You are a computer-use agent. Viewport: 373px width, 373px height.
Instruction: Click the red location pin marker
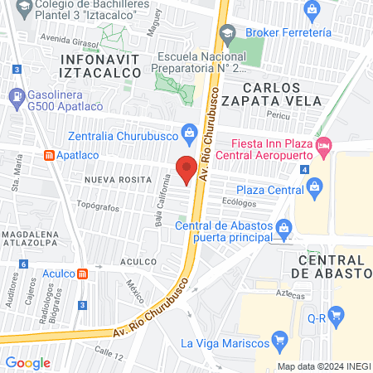pos(187,168)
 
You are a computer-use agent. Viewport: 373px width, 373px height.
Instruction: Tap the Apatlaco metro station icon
pos(51,154)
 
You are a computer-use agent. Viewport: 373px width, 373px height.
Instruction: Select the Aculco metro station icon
pos(83,274)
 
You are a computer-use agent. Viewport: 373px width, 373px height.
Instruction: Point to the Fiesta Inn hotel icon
pos(324,146)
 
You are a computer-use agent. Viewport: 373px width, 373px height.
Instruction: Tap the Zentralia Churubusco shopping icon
pos(190,130)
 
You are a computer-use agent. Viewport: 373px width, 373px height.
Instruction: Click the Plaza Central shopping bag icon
pos(314,190)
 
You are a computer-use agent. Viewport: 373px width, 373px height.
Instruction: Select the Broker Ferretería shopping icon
pos(312,11)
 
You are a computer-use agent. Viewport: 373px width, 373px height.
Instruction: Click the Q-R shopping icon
pos(336,314)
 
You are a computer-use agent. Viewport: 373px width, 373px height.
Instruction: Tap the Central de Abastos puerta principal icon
pos(283,225)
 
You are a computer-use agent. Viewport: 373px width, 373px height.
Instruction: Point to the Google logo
pos(28,362)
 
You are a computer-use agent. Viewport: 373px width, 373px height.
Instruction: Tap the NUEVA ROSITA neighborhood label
pos(116,178)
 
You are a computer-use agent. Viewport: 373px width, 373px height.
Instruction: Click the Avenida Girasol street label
pos(67,38)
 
